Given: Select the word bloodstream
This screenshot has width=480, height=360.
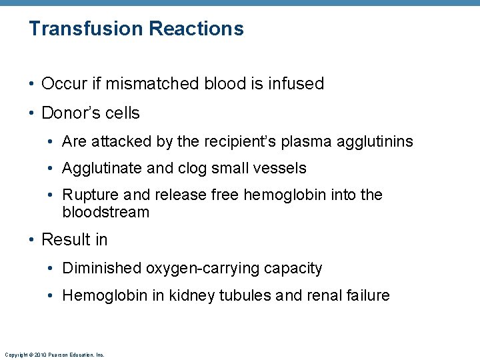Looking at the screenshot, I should click(x=105, y=213).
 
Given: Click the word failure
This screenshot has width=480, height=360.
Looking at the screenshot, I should click(x=366, y=295).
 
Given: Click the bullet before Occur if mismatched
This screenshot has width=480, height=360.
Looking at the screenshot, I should click(x=33, y=85).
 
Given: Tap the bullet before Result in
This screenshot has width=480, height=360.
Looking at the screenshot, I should click(x=33, y=240).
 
